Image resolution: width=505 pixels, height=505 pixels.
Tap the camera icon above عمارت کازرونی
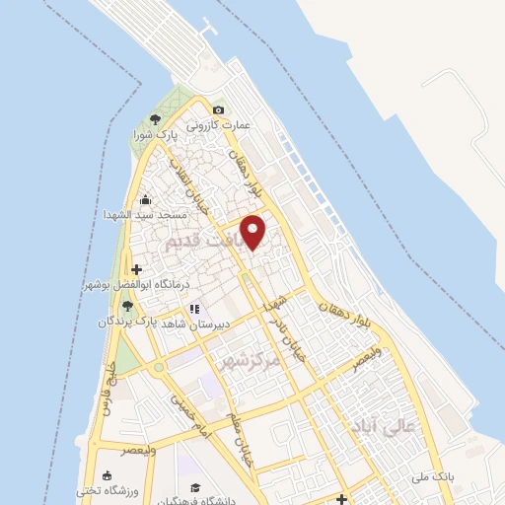pyautogui.click(x=218, y=109)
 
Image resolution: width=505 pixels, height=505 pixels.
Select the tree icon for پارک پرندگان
pyautogui.click(x=128, y=307)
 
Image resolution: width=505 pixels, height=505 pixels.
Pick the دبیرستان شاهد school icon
pyautogui.click(x=195, y=307)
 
